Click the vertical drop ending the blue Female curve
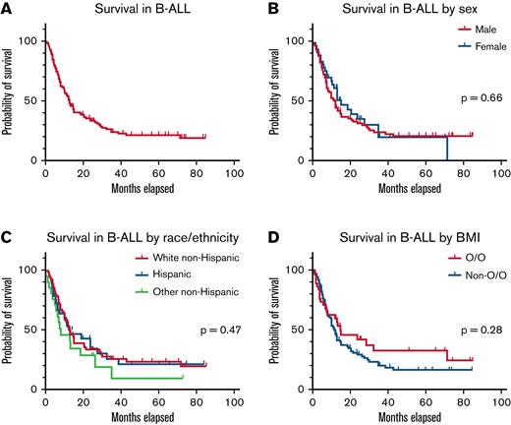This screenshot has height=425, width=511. click(x=447, y=149)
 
